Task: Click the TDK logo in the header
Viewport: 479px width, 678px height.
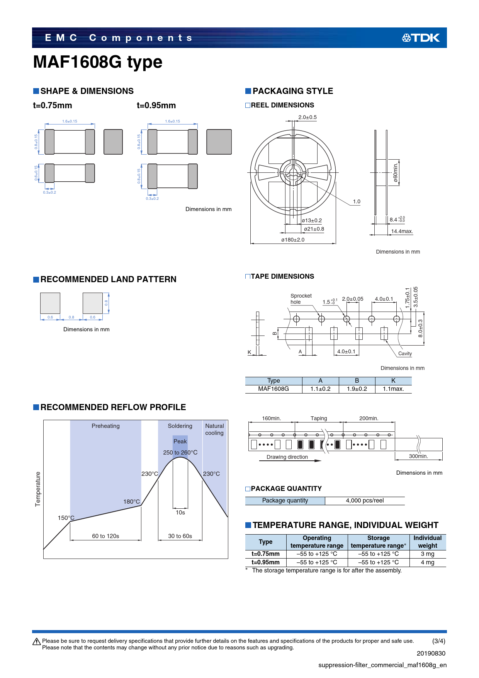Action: tap(421, 37)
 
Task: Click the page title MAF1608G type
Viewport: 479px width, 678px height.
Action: tap(98, 62)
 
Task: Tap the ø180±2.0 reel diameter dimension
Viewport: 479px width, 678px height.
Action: tap(293, 240)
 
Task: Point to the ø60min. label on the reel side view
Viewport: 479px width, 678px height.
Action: tap(396, 173)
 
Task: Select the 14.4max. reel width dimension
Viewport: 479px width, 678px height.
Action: tap(402, 231)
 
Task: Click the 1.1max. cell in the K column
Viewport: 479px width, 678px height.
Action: tap(393, 389)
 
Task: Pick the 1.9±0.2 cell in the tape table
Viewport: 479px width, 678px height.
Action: tap(357, 389)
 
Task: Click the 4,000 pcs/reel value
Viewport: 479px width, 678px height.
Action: tap(365, 501)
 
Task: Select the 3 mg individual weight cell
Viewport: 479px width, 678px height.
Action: tap(428, 554)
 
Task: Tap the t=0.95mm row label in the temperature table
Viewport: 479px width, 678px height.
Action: tap(265, 562)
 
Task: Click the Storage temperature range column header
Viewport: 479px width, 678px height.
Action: tap(379, 542)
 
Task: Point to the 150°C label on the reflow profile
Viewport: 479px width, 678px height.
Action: tap(66, 518)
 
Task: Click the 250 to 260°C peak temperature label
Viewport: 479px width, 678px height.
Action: tap(180, 453)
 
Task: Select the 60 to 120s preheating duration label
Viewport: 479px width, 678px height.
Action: tap(105, 536)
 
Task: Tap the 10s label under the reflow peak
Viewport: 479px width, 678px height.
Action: tap(180, 513)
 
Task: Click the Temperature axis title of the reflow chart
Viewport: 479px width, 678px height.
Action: tap(38, 489)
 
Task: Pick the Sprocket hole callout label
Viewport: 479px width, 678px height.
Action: tap(301, 299)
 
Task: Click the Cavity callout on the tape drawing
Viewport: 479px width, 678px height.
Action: tap(405, 354)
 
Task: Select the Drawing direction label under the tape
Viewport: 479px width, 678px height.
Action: tap(287, 457)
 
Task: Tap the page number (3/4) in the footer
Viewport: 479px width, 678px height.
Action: tap(439, 641)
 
